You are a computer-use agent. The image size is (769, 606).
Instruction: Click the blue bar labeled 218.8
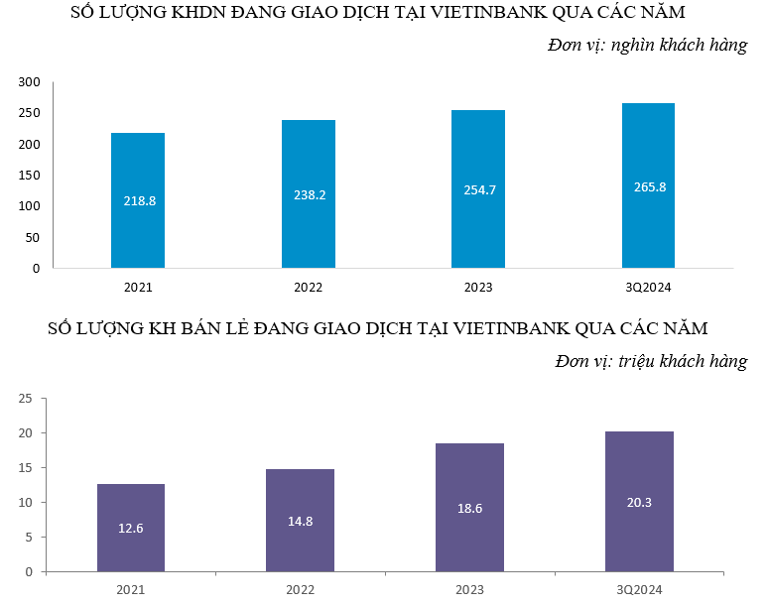click(x=138, y=200)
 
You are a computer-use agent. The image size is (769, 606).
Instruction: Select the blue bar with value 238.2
click(x=309, y=193)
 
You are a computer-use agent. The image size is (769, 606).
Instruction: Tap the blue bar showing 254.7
click(x=479, y=188)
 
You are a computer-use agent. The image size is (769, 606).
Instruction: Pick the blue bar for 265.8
click(x=649, y=185)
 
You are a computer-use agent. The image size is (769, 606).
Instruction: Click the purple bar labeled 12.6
click(x=131, y=528)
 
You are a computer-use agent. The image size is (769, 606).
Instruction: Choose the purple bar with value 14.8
click(x=300, y=521)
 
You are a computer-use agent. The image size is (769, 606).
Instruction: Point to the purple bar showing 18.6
click(x=469, y=508)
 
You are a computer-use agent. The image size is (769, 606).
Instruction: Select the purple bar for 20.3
click(x=639, y=502)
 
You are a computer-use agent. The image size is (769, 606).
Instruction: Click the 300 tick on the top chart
click(x=30, y=82)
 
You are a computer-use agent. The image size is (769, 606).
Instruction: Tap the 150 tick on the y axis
click(x=30, y=176)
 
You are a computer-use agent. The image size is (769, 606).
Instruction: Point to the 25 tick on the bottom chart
click(x=26, y=399)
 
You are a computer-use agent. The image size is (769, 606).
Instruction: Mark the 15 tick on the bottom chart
click(x=26, y=468)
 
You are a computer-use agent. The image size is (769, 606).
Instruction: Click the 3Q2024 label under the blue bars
click(x=649, y=288)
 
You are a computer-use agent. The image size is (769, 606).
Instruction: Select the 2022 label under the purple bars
click(x=300, y=590)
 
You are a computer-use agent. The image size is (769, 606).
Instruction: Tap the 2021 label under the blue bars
click(x=138, y=288)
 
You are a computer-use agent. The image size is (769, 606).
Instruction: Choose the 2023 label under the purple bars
click(x=469, y=590)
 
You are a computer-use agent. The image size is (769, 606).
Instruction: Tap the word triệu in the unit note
click(x=643, y=361)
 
